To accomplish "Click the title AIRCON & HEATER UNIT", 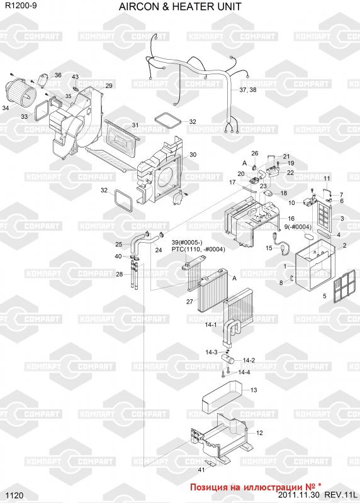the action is [180, 6].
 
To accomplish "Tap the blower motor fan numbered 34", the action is [21, 90].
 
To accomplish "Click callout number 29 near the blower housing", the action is [109, 86].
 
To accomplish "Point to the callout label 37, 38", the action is [248, 90].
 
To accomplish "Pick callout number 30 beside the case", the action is [193, 155].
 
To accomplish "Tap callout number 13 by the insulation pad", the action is [254, 390].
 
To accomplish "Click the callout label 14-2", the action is [249, 360].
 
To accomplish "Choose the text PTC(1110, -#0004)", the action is [198, 249].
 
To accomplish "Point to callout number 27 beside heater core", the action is [190, 302].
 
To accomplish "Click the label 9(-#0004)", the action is [298, 227].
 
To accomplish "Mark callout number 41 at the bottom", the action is [201, 470].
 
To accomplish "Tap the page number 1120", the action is [14, 495].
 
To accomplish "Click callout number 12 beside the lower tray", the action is [259, 433].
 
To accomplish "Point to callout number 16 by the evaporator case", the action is [291, 219].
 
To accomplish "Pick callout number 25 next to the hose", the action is [119, 245].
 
